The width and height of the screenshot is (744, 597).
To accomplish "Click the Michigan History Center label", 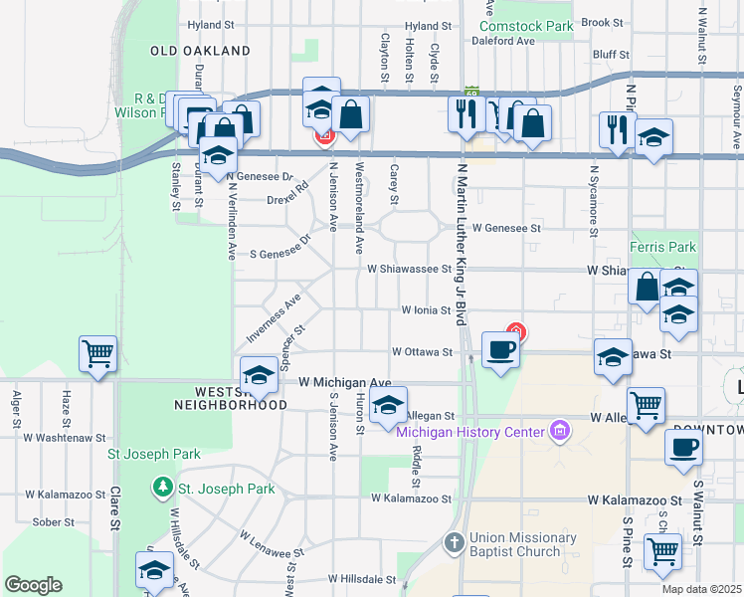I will pos(470,431).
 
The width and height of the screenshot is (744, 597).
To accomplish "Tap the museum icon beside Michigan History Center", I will pos(560,431).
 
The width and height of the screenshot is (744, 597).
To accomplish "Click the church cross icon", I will pos(454,543).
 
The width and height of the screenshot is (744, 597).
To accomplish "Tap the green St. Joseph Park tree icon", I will pos(161,489).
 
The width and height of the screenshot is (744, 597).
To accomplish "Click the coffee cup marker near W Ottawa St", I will pos(500,349).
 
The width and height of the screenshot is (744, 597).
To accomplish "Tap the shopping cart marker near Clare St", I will pos(97,353).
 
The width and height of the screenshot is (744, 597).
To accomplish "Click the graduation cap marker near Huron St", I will pos(388,404).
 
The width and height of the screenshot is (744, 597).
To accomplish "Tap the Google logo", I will pos(33,585).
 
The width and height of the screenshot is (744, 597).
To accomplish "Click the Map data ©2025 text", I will pos(700,589).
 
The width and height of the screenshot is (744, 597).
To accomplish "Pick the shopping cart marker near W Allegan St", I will pos(646,405).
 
